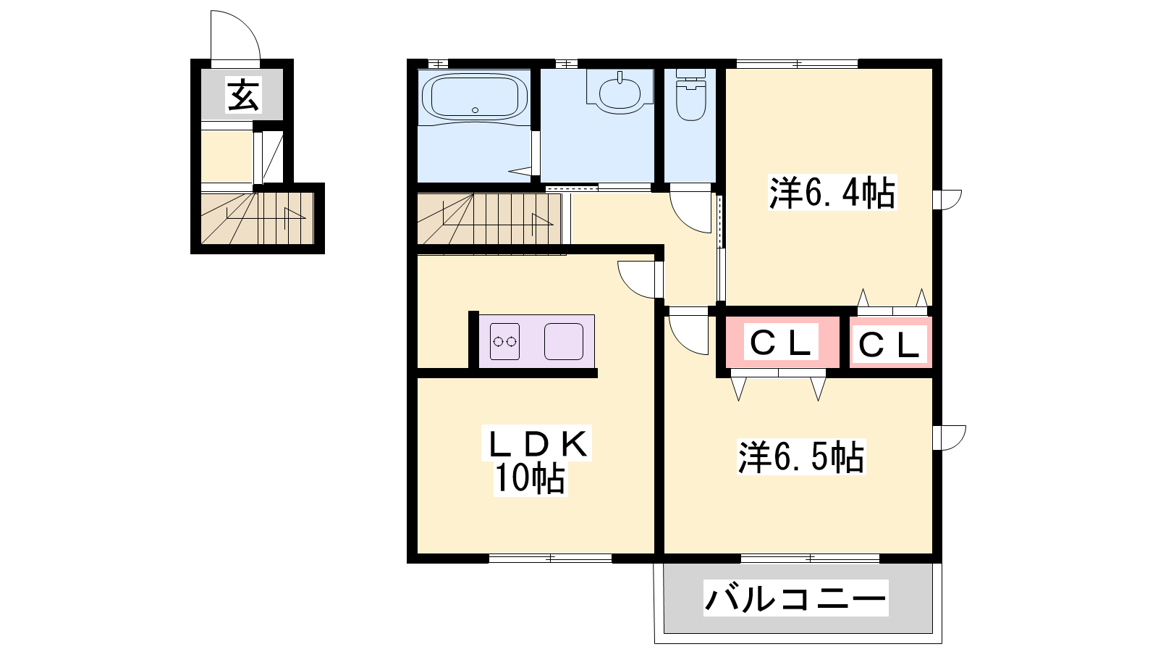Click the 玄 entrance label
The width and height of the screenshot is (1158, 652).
point(243,95)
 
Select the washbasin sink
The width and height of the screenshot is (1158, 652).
point(620,91)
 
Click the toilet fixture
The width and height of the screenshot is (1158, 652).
point(690,95)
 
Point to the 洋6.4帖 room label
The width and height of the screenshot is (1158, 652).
point(832,193)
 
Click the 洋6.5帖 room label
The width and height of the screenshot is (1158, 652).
point(800,457)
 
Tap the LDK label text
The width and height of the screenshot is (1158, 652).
point(537,443)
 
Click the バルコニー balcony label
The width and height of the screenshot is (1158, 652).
point(795,598)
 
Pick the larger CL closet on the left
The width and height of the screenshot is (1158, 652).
point(782,342)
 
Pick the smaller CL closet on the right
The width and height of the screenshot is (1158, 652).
point(890,343)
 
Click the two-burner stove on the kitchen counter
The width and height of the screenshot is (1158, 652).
point(504,341)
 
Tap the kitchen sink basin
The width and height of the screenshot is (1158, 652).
point(564,341)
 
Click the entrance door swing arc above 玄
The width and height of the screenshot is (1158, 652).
point(235,35)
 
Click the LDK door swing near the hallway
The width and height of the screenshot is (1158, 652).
point(636,280)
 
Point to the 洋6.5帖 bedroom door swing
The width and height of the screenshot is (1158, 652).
point(688,335)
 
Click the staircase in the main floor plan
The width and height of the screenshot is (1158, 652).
point(489,218)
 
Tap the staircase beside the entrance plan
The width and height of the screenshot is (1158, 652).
point(258,218)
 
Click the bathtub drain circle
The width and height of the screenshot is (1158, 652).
point(475,109)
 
